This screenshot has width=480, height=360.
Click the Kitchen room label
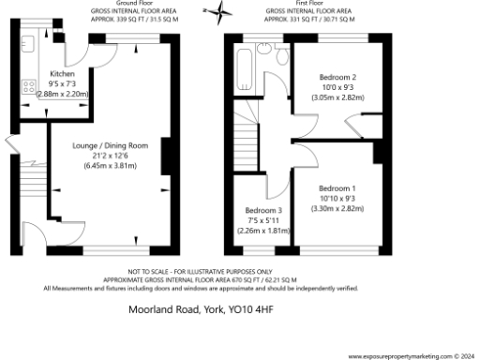point(62,72)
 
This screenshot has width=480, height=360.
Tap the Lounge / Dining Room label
point(111,145)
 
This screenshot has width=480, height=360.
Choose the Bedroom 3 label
point(262,210)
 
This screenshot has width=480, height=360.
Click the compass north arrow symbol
point(222,13)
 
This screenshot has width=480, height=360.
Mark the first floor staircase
point(246,145)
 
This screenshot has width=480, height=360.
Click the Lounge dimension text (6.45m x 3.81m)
point(111,166)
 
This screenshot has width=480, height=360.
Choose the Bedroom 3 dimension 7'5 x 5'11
point(262,219)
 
